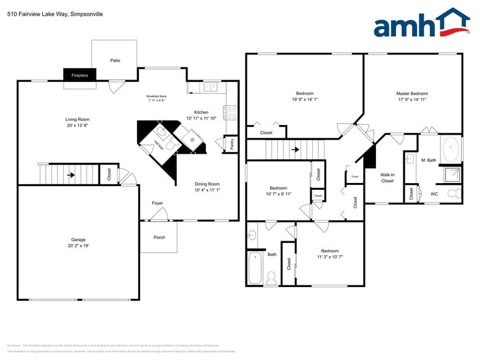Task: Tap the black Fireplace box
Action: point(80,75)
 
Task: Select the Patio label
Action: point(115,61)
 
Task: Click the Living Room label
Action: point(78,119)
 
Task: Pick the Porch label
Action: point(159,238)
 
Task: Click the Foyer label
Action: point(157,203)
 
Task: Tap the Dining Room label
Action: point(206,184)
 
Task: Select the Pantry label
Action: point(232,144)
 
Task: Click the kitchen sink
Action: point(211,87)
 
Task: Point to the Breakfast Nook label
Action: point(157,96)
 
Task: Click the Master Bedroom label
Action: point(412,94)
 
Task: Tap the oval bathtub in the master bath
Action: point(451,149)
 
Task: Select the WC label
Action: point(434,194)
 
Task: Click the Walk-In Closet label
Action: point(388,178)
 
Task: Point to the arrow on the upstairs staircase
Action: point(295,149)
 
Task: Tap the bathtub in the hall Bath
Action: point(255,267)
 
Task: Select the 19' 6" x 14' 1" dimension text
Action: point(305,99)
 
